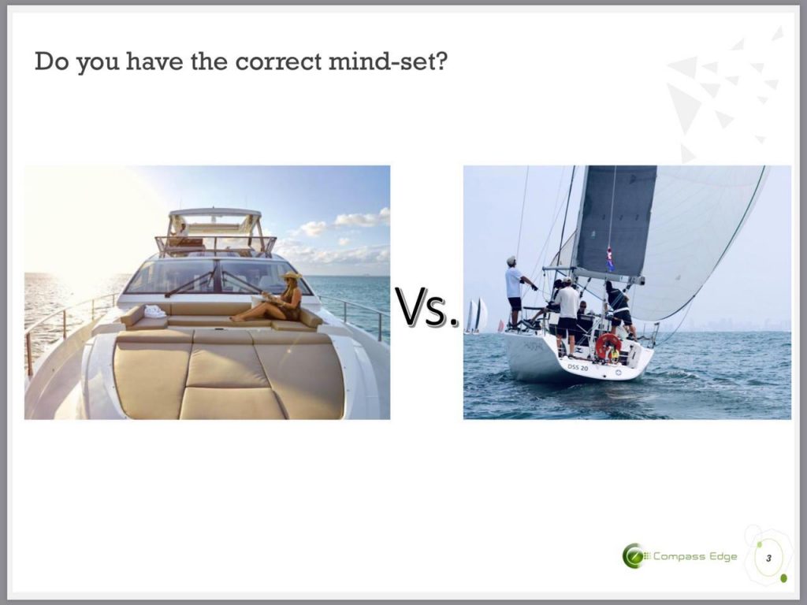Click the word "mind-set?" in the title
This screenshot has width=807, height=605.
[388, 61]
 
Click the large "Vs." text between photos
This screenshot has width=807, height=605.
[426, 307]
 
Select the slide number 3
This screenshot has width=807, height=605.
[768, 559]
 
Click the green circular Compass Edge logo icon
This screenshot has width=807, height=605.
[633, 555]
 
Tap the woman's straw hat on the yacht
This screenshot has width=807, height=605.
[292, 277]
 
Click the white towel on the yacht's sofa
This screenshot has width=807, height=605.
[154, 311]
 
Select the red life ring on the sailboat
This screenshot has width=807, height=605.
[608, 346]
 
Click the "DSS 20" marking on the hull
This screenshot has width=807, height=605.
[578, 367]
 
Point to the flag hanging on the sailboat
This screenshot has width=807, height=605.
[610, 258]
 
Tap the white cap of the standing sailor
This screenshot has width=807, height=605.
[511, 260]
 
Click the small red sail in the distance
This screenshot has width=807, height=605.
[500, 325]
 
